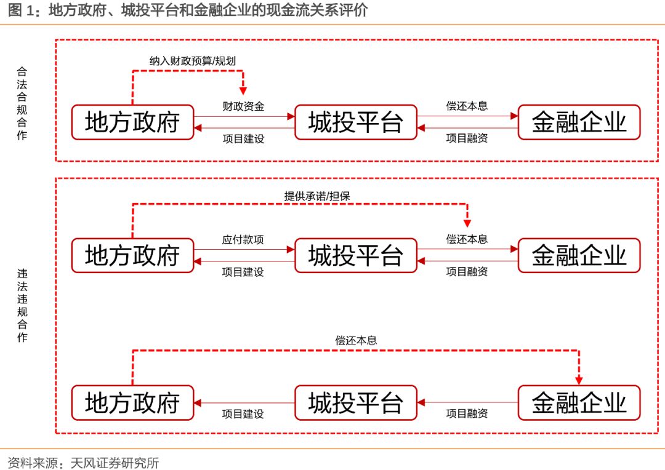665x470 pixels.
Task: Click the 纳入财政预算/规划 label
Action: (193, 60)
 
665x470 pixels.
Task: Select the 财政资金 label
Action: (243, 106)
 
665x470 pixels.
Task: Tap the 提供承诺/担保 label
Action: (317, 196)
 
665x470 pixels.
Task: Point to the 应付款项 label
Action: (243, 240)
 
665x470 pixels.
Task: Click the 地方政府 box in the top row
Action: (132, 122)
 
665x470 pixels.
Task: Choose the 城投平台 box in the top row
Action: (356, 122)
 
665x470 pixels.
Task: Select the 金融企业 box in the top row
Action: (579, 122)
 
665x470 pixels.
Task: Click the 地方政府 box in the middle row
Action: (132, 255)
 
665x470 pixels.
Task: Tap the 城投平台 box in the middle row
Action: (356, 255)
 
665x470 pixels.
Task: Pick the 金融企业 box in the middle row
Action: (579, 255)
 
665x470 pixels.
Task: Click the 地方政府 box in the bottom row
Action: (132, 403)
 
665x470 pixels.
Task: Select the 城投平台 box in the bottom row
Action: (356, 403)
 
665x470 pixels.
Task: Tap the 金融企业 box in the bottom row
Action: (579, 403)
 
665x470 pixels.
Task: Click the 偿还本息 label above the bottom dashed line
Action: (356, 340)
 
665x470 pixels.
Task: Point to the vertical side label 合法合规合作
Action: (22, 103)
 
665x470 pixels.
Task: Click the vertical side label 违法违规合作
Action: (22, 305)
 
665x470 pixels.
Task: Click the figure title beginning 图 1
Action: (185, 10)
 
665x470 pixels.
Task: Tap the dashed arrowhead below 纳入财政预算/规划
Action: (243, 90)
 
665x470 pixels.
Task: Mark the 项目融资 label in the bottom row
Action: (467, 414)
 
